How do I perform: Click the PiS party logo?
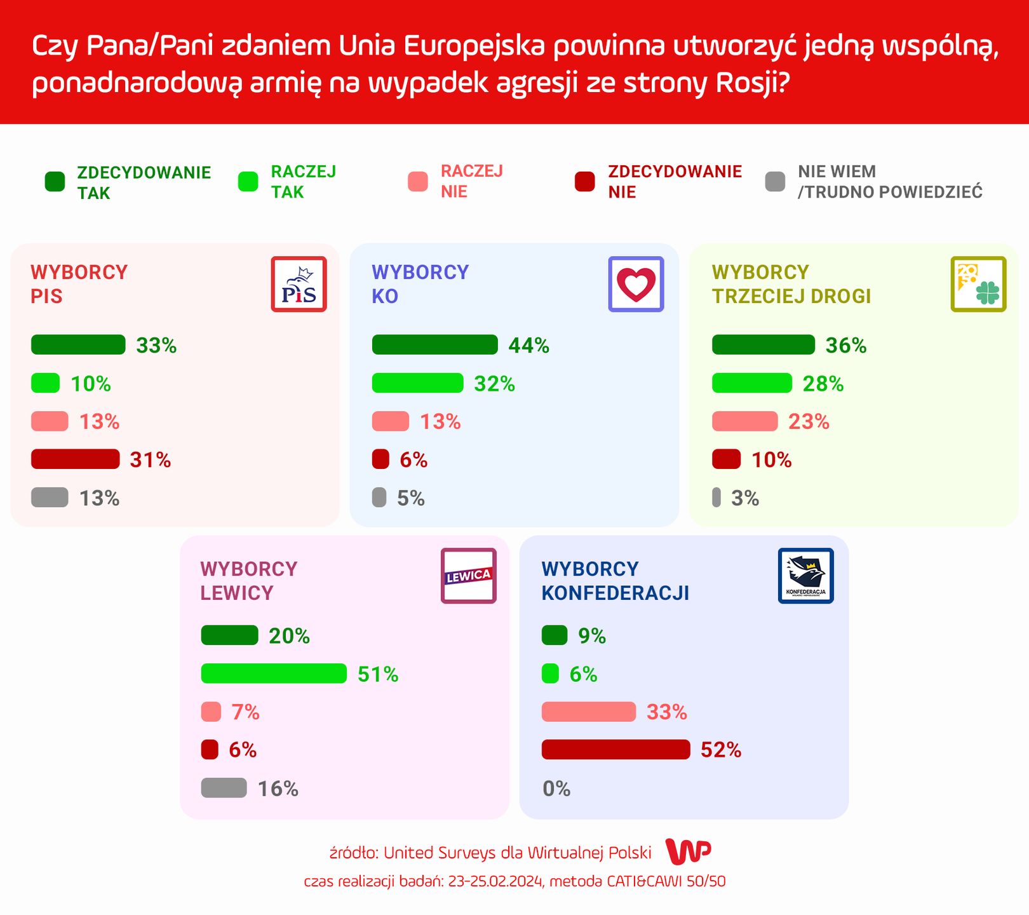[x=299, y=284]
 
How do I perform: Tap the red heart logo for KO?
[x=636, y=284]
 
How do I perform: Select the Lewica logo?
[x=468, y=576]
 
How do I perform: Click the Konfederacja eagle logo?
[x=805, y=576]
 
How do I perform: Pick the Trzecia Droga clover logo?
[x=978, y=284]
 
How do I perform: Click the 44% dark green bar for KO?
[x=434, y=344]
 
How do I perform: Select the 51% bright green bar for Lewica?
[x=274, y=674]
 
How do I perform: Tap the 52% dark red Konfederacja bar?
[x=615, y=749]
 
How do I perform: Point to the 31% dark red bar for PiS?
[x=75, y=459]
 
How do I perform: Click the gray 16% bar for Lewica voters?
[x=224, y=788]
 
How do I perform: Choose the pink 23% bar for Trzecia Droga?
[x=744, y=421]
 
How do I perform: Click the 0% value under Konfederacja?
[x=556, y=789]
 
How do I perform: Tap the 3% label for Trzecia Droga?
[x=744, y=498]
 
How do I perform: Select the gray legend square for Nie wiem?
[x=775, y=182]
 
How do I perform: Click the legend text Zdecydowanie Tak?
[x=144, y=182]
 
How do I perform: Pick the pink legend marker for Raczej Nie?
[x=417, y=182]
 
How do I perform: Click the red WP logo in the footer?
[x=688, y=851]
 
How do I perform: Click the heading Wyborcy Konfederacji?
[x=615, y=581]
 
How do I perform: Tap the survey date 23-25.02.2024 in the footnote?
[x=495, y=881]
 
